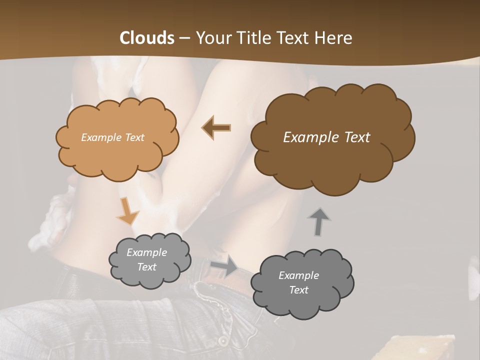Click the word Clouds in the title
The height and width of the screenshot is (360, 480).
147,38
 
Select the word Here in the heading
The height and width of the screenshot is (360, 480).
334,38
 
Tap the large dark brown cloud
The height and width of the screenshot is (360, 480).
332,138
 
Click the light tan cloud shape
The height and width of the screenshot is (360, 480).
117,138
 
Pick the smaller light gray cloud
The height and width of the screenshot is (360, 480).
150,260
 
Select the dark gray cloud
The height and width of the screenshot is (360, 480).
302,283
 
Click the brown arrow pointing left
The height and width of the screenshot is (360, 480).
216,128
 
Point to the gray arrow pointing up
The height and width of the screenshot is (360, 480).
319,221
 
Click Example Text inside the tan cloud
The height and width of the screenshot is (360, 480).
112,137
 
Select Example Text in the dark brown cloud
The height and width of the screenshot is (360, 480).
326,137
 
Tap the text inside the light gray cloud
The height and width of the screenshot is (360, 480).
146,260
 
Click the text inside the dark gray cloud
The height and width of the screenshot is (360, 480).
298,282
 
